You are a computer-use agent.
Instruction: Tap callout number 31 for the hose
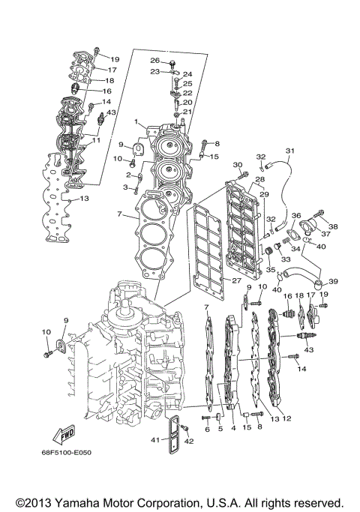290,151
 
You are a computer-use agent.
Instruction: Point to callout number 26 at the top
154,61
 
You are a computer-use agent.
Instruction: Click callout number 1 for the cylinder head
136,121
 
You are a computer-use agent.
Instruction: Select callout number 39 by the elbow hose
333,281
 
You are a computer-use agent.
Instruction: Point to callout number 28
259,180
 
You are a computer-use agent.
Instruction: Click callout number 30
238,165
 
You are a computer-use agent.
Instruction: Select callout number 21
187,112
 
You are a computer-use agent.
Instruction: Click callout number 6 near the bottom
206,429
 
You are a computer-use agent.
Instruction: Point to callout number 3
127,186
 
